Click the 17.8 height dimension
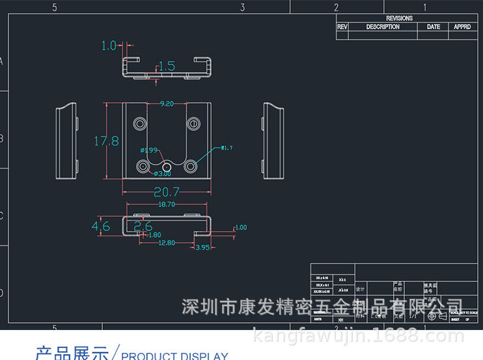pos(106,141)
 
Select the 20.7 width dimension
pos(166,192)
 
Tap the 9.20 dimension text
pos(167,104)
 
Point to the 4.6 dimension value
pos(101,226)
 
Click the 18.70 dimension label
pos(167,204)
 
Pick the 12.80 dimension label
pos(167,243)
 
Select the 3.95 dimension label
pos(202,247)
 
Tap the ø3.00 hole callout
pos(162,174)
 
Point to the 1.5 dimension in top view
pos(167,66)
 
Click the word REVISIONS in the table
pos(399,18)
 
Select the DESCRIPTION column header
pos(383,27)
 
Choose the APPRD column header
pos(462,27)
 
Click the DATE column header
pos(434,27)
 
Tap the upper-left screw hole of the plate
pos(140,123)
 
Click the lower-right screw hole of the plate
pos(191,166)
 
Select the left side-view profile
pos(66,140)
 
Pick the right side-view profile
pos(274,140)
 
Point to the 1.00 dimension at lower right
pos(241,227)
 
